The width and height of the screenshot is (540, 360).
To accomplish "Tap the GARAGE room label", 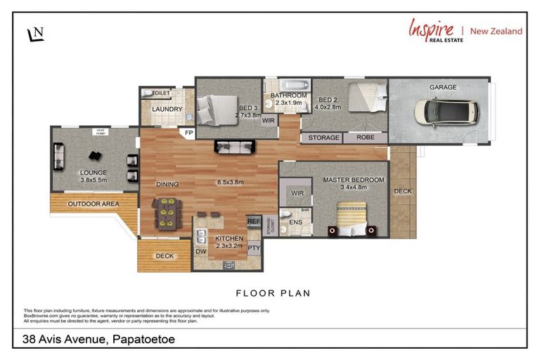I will (443, 88).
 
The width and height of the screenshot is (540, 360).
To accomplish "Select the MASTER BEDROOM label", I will (354, 180).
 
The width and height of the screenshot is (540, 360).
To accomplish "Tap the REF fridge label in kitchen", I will (253, 221).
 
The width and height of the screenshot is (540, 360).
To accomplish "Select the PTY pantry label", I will (254, 247).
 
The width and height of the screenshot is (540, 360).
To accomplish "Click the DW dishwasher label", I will (201, 251).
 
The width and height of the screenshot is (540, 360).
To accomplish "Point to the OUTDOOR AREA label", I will (91, 204).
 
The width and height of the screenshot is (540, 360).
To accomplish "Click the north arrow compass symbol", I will (34, 34).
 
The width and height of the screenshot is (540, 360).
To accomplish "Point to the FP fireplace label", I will (188, 132).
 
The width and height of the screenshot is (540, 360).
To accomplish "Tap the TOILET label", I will (161, 92).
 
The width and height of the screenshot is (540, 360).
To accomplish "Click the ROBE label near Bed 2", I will (365, 138).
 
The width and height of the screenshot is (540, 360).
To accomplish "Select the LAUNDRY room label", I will (167, 110).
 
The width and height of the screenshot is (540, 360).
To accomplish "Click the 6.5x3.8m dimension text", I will (230, 183).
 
